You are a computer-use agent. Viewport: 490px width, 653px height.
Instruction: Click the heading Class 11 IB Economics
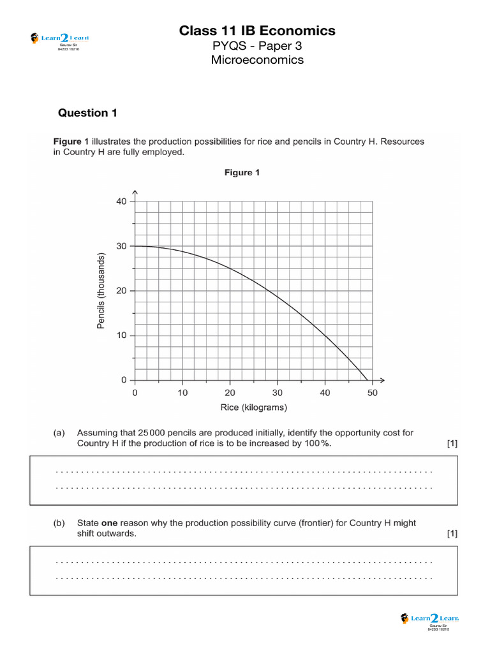257,31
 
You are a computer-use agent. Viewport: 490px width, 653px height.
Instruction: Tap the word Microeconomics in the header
257,60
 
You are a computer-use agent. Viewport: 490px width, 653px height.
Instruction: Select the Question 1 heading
87,113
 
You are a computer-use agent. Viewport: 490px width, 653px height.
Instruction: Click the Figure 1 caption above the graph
242,173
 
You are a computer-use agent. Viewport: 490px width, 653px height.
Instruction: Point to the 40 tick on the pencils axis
121,201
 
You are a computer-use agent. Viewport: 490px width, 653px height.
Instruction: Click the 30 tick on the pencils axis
121,246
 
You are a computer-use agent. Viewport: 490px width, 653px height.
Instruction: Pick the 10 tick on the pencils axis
121,335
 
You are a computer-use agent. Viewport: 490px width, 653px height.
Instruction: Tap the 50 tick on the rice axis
372,393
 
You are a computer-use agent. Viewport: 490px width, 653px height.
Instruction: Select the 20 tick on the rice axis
230,393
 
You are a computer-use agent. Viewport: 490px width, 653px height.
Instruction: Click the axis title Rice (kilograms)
253,407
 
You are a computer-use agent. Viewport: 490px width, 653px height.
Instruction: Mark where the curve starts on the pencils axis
135,246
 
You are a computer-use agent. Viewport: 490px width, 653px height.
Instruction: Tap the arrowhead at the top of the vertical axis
135,191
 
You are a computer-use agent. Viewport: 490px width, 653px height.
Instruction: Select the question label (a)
59,432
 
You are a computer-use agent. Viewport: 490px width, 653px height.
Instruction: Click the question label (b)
59,523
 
